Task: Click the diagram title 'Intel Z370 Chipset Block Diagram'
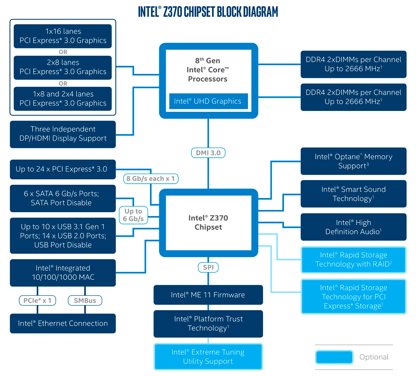click(x=208, y=11)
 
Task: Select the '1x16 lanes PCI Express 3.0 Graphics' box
click(x=63, y=36)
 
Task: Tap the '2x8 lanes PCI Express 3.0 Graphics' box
click(x=63, y=67)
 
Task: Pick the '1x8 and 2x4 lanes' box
click(x=63, y=98)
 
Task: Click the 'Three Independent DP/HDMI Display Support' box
click(x=63, y=134)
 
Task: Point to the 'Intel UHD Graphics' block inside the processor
click(x=208, y=101)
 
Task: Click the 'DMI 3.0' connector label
click(x=208, y=153)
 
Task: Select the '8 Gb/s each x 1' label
click(x=151, y=178)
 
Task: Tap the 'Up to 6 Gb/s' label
click(x=133, y=215)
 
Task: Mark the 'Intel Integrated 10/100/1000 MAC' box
click(x=63, y=273)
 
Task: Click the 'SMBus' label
click(x=85, y=300)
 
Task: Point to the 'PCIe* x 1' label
click(x=37, y=300)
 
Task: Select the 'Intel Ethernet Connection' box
click(x=63, y=324)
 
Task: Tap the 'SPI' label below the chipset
click(x=208, y=267)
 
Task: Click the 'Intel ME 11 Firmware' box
click(x=208, y=295)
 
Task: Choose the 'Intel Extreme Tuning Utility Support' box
click(x=208, y=356)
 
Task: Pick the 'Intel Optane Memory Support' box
click(x=353, y=161)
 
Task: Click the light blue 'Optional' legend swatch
click(x=334, y=357)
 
